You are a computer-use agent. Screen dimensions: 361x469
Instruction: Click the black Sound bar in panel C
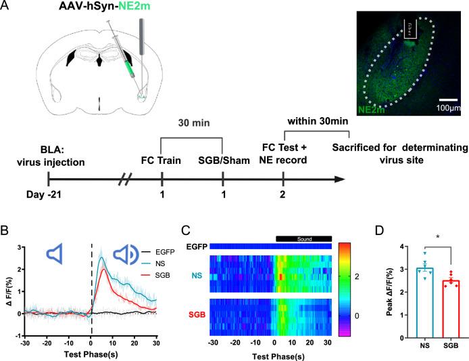[x=303, y=238]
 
